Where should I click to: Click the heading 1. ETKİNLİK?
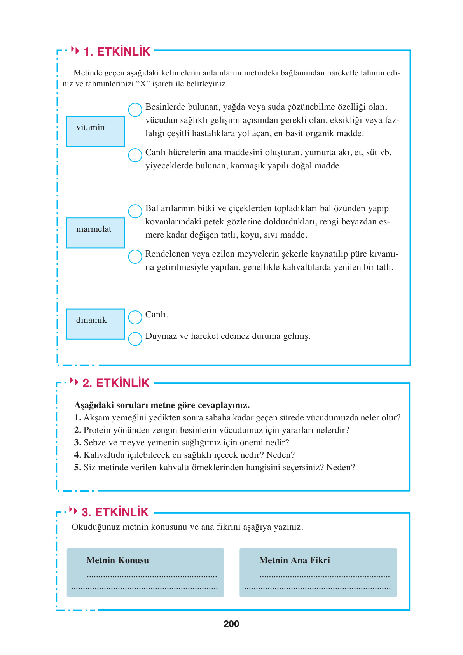[x=117, y=52]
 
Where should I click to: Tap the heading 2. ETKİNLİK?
[x=116, y=383]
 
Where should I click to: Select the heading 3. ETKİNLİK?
[x=115, y=512]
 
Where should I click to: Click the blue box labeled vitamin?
[x=96, y=131]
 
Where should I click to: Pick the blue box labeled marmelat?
[x=96, y=233]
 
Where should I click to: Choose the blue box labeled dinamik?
[x=96, y=324]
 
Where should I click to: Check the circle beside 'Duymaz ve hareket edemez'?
[x=135, y=339]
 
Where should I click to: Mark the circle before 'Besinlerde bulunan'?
[x=135, y=110]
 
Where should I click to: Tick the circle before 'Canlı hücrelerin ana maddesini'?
[x=135, y=155]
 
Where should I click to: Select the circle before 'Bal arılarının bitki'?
[x=135, y=211]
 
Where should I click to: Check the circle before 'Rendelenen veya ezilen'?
[x=135, y=257]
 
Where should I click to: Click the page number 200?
[x=231, y=624]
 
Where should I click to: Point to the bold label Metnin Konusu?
[x=117, y=560]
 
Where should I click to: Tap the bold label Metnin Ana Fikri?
[x=294, y=560]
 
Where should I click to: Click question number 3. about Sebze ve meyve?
[x=77, y=443]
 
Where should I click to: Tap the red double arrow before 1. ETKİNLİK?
[x=75, y=51]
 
